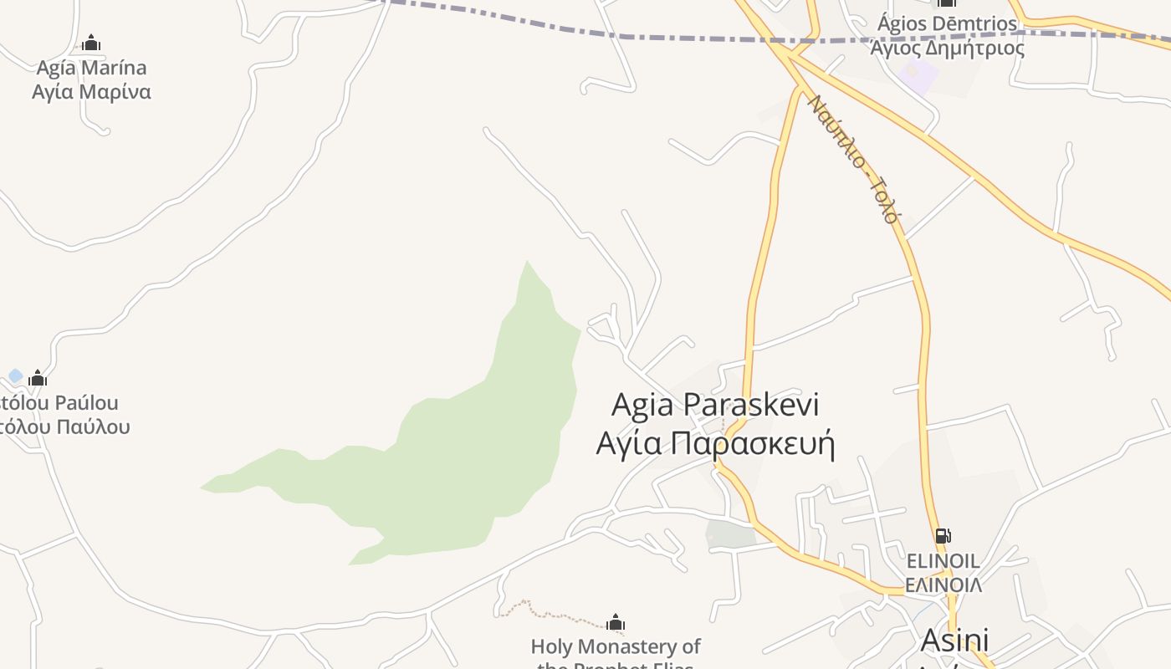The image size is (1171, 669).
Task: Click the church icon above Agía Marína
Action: [91, 43]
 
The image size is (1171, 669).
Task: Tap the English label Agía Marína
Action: [91, 68]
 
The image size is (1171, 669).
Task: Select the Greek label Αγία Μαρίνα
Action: [91, 91]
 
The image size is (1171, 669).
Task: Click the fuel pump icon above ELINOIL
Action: [943, 536]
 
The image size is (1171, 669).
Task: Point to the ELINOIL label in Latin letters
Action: [943, 560]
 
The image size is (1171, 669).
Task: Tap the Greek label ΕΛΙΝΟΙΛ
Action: [943, 585]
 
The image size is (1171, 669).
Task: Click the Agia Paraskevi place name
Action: [715, 405]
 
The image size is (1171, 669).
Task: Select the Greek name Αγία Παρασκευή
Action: [715, 442]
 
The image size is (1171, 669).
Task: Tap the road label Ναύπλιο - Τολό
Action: [853, 159]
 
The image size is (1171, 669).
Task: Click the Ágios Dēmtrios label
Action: [947, 23]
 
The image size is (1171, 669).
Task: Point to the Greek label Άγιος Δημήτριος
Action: [947, 48]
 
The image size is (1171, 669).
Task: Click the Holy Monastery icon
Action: [616, 623]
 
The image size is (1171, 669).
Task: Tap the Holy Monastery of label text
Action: [616, 646]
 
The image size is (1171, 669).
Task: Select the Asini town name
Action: [954, 640]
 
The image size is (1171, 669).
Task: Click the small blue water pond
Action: [15, 376]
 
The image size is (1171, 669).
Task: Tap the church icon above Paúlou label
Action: [38, 379]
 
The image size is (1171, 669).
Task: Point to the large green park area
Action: [468, 452]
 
